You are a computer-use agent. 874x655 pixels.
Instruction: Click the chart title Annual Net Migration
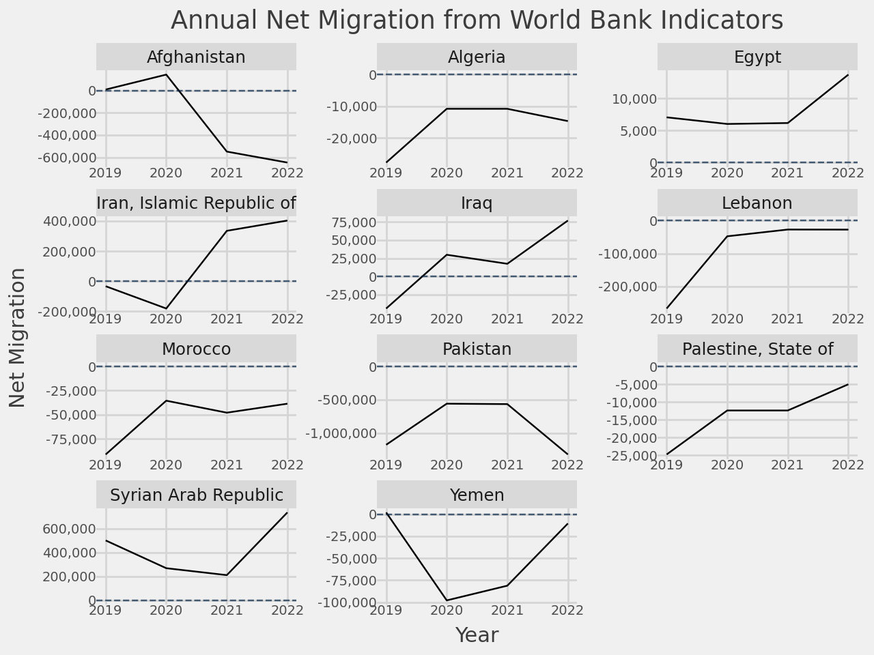477,20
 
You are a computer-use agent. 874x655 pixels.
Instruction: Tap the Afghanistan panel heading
196,57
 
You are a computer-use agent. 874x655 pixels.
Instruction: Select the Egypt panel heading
757,57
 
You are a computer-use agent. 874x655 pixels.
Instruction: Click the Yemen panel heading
477,495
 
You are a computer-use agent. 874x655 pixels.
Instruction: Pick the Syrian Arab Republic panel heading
196,495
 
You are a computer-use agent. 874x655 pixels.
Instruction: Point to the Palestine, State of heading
757,349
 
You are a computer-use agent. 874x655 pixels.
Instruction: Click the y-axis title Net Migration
18,338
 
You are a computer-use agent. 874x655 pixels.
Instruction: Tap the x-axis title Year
477,635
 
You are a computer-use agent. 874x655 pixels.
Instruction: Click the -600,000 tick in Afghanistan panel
66,158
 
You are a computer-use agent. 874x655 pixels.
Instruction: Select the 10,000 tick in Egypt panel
634,99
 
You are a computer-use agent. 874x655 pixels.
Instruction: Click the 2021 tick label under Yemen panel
507,610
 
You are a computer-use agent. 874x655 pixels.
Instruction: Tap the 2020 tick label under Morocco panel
166,465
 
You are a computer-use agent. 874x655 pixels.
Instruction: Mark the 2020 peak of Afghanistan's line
166,74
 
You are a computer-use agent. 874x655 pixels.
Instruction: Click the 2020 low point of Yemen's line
447,600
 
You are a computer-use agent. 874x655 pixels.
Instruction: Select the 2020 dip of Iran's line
166,308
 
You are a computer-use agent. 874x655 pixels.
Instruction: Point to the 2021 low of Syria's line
227,575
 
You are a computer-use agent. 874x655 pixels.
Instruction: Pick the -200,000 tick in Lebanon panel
625,287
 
